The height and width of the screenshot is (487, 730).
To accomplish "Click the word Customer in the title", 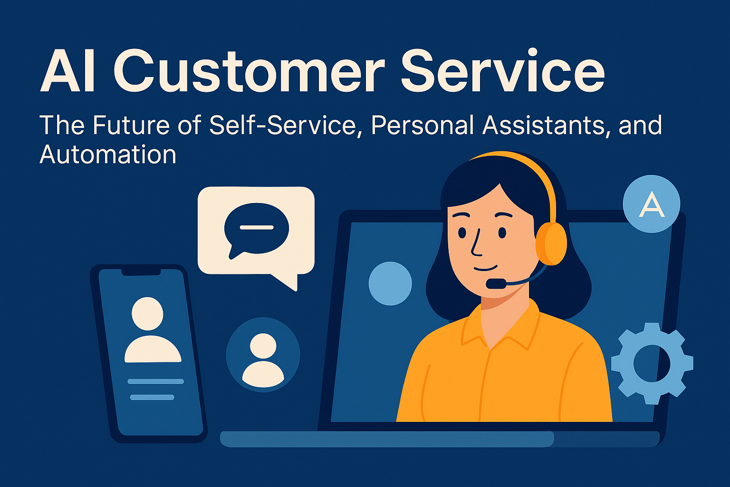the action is [x=249, y=71].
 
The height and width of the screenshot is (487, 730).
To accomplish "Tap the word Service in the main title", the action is [x=502, y=70].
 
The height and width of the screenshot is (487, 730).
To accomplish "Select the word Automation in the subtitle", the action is [x=108, y=154].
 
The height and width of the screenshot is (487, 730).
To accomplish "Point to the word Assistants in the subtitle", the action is [x=543, y=125].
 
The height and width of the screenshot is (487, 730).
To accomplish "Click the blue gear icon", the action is [x=652, y=363].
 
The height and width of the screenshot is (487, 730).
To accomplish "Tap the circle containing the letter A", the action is [x=652, y=204].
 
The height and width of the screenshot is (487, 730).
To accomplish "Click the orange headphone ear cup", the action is [x=551, y=243].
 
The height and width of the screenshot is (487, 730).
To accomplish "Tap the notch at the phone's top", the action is [x=141, y=273].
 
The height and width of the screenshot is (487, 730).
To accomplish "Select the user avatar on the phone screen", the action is [x=152, y=330].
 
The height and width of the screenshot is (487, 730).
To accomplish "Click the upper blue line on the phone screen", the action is [x=156, y=381].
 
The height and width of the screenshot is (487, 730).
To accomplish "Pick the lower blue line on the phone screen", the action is [x=152, y=397].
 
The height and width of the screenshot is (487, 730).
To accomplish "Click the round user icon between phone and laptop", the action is [x=263, y=355].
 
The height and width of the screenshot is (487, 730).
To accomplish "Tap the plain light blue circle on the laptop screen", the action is [x=390, y=283].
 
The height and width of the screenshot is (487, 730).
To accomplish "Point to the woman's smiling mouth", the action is [x=485, y=268].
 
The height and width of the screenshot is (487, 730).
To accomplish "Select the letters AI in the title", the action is [x=67, y=71].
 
